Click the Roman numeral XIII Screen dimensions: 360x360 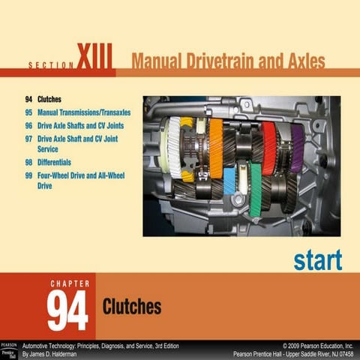[94, 56]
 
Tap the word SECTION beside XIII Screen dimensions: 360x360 [51, 65]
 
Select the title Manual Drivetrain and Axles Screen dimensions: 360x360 [228, 61]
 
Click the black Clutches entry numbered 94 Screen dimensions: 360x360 [49, 99]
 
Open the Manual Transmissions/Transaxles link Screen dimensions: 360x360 [84, 112]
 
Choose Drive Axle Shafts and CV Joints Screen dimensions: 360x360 [81, 125]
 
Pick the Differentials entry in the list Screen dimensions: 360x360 [54, 162]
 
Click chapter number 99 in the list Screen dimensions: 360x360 [28, 175]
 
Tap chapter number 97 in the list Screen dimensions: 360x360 [28, 139]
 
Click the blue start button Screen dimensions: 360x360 [318, 260]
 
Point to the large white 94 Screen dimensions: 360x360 [67, 310]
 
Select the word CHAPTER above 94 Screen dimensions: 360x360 [70, 283]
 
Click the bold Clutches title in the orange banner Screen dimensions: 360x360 [132, 306]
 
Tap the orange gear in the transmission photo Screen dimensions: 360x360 [216, 148]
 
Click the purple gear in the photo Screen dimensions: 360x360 [297, 148]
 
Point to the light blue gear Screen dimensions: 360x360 [229, 181]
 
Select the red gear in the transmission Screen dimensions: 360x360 [269, 148]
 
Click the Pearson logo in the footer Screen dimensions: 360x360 [9, 350]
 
